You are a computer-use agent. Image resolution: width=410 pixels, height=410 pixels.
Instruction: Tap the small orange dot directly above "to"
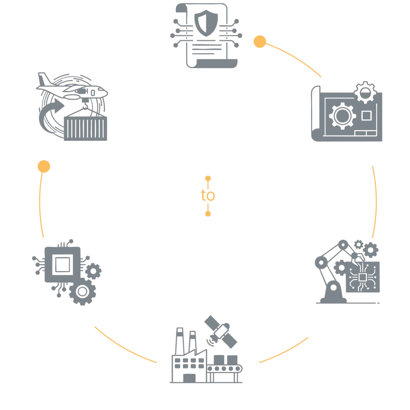[x=208, y=177]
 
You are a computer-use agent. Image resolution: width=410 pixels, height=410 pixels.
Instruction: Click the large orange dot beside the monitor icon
[x=260, y=42]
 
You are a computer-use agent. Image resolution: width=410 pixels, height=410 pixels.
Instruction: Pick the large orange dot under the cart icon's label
[x=44, y=166]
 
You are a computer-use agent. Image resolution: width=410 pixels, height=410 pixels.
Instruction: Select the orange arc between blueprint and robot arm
[x=375, y=200]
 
